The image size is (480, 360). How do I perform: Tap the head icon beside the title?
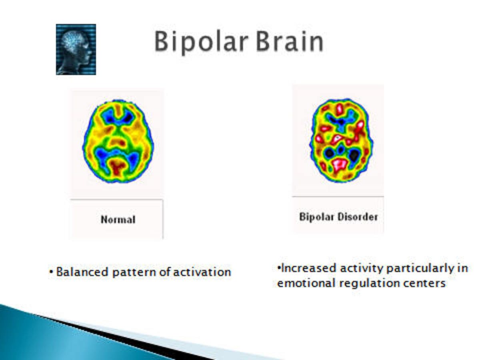click(x=76, y=49)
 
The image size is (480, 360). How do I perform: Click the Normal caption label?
click(x=118, y=220)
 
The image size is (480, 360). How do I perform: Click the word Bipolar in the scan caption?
click(x=314, y=217)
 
